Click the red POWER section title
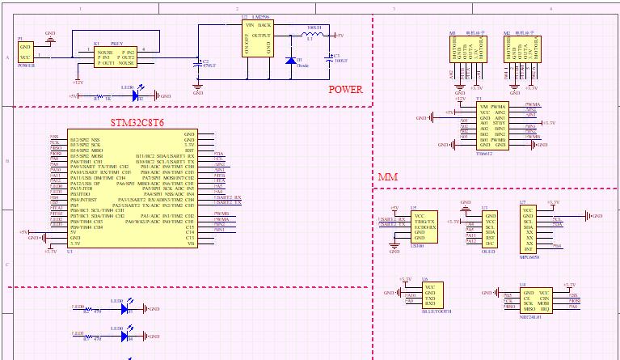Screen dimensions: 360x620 346,89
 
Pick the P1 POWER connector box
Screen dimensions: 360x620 25,50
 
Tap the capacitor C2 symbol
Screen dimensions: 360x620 198,62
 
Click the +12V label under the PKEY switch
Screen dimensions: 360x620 78,82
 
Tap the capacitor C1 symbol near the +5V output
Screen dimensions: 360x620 327,59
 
